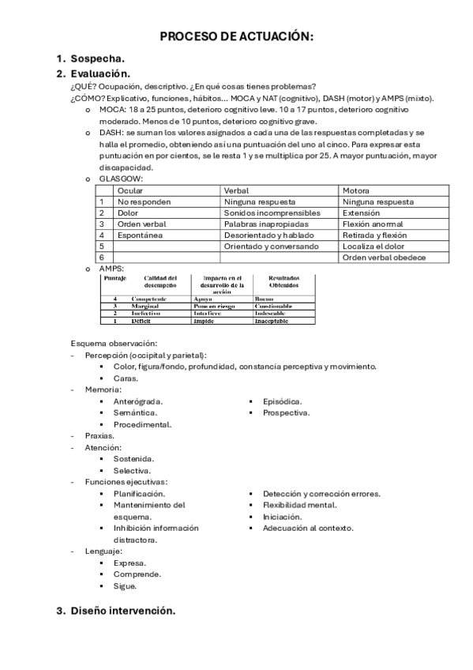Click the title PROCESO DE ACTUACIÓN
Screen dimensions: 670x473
coord(237,37)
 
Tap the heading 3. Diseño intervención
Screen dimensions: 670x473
coord(122,611)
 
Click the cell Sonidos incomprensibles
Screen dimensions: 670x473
coord(272,213)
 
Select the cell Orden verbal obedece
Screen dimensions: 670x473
coord(384,258)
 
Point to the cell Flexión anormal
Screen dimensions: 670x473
coord(374,224)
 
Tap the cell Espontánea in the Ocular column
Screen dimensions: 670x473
coord(140,235)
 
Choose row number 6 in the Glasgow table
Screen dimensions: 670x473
coord(101,258)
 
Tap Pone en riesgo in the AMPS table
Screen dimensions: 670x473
coord(216,307)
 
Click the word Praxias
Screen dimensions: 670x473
coord(99,435)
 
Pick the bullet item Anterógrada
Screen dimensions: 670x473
coord(138,401)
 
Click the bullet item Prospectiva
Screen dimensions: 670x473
coord(286,412)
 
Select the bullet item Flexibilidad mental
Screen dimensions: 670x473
coord(299,505)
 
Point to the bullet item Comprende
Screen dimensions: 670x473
coord(137,574)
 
